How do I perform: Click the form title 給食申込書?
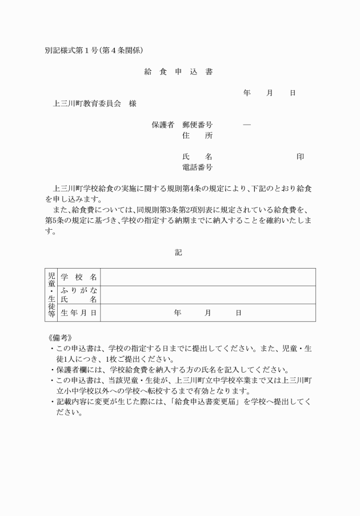(x=179, y=72)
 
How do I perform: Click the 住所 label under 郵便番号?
(x=197, y=135)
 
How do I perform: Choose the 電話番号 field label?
(x=197, y=167)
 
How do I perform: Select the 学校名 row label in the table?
(x=78, y=277)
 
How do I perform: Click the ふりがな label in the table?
(x=78, y=291)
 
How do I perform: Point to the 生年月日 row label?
(x=78, y=313)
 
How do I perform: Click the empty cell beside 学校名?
(x=207, y=277)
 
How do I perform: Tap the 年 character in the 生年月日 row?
(x=178, y=313)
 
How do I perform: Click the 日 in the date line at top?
(x=293, y=93)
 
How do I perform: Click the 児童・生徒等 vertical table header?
(x=51, y=295)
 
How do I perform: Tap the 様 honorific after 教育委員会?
(x=133, y=104)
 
